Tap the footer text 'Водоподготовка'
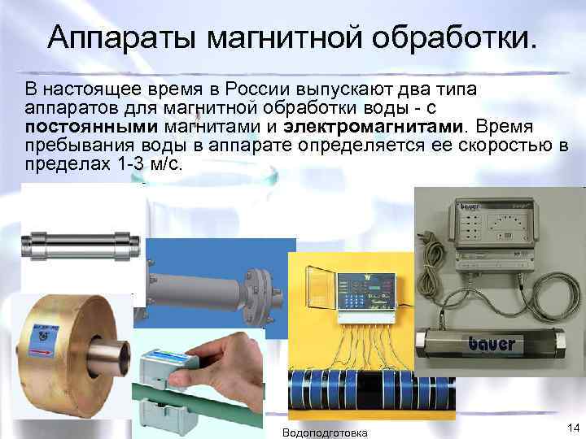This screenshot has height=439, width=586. pos(324,432)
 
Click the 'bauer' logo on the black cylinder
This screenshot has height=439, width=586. pos(492,344)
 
